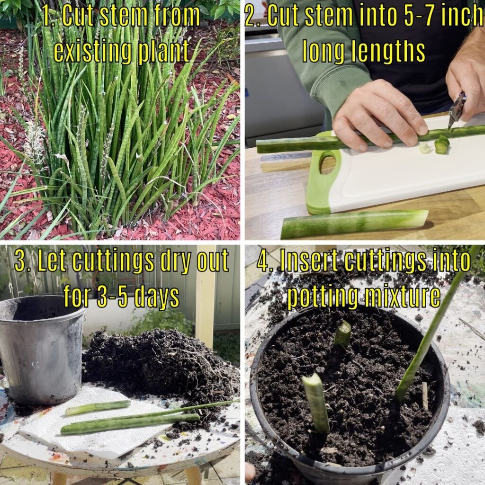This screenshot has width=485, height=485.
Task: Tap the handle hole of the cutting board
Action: [327, 164]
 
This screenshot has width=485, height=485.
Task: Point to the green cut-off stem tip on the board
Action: [441, 145]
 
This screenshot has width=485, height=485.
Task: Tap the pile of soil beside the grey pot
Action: [156, 365]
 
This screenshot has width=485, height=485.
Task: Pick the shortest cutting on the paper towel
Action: [98, 407]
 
